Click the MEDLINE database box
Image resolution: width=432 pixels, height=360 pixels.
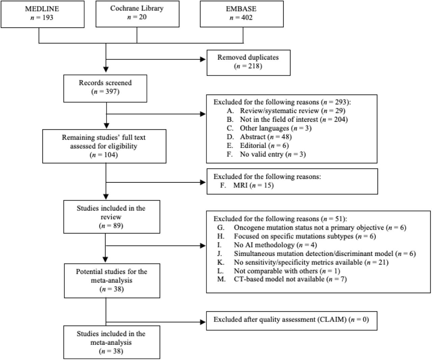pos(43,14)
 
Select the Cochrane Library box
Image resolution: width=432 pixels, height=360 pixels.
pos(137,14)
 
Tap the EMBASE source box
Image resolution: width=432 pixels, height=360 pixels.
pos(242,14)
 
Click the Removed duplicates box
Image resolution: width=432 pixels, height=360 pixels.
pos(248,63)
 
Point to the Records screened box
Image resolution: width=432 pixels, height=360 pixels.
pos(105,88)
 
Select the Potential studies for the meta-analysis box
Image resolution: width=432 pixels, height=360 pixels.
pos(112,281)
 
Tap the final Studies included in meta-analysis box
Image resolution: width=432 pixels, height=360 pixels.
pos(112,342)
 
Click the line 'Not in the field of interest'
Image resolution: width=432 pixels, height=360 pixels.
pos(287,120)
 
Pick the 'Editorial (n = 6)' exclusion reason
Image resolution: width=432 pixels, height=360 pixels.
pos(258,146)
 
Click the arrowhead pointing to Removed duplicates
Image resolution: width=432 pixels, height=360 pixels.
pos(203,59)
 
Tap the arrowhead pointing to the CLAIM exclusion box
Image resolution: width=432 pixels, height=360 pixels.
pos(203,322)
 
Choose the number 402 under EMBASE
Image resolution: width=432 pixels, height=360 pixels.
pos(247,17)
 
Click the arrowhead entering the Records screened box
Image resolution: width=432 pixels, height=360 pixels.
pos(106,69)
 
